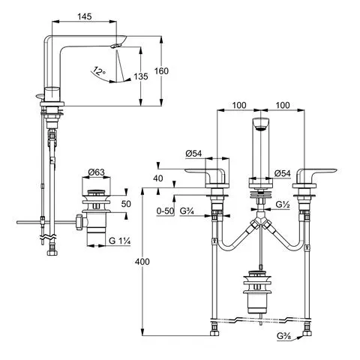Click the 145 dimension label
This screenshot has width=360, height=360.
click(x=85, y=16)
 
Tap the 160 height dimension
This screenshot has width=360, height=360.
click(x=161, y=71)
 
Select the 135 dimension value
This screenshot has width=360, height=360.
click(x=141, y=76)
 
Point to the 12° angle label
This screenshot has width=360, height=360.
click(x=99, y=71)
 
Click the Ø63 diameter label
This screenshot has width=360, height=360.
click(x=96, y=172)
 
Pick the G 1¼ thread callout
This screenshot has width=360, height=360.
click(x=120, y=241)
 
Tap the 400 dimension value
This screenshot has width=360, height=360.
click(x=142, y=262)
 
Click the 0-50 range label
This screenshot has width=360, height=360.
click(x=165, y=211)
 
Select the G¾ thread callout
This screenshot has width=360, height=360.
click(x=187, y=211)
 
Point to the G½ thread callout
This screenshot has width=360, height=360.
click(x=283, y=205)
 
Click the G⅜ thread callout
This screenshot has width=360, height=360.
click(x=283, y=336)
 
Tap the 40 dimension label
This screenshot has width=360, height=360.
click(x=158, y=178)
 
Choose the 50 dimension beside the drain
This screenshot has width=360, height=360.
click(x=126, y=204)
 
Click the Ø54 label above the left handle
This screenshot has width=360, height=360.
click(x=193, y=154)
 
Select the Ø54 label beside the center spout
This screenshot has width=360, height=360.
click(x=283, y=173)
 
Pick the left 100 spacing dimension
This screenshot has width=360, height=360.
click(x=239, y=105)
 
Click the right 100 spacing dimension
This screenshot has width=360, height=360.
click(x=283, y=105)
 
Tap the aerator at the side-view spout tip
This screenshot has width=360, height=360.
click(x=115, y=45)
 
